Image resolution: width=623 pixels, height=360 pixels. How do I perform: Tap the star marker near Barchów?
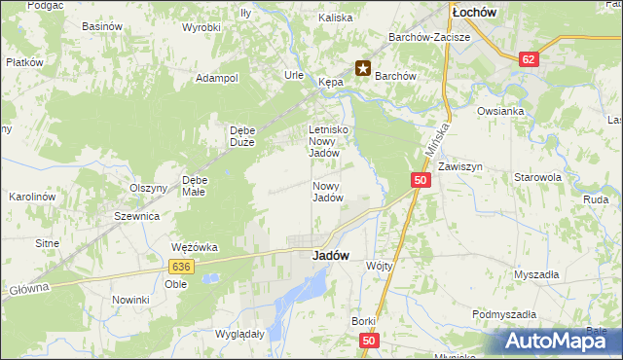tap(362, 68)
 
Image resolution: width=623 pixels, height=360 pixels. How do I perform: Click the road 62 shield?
tap(529, 59)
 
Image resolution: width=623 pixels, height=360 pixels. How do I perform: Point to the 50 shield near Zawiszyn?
tap(420, 180)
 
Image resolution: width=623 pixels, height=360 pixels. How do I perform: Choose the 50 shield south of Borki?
tap(368, 341)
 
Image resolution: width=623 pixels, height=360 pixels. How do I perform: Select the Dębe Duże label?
tap(241, 135)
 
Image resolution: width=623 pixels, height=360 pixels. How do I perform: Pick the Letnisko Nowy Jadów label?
tap(328, 141)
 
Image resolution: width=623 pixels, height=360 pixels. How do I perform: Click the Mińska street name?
tap(437, 139)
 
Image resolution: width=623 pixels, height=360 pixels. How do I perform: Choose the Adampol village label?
tap(217, 78)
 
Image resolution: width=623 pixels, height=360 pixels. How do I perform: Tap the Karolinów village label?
tap(30, 197)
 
